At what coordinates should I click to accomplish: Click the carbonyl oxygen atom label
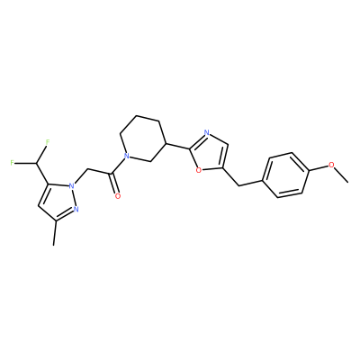(118, 196)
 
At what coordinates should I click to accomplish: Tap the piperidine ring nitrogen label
(127, 156)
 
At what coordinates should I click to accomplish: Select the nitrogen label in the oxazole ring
(206, 132)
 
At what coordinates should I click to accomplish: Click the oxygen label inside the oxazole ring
(198, 170)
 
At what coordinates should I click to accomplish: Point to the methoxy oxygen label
(331, 165)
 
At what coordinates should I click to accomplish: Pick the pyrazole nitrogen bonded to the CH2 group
(71, 186)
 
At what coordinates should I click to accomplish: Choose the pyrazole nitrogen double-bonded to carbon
(76, 209)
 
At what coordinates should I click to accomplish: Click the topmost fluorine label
(48, 140)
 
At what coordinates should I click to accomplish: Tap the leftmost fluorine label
(12, 163)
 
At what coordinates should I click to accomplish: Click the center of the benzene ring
(286, 175)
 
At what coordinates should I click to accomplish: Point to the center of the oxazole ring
(209, 153)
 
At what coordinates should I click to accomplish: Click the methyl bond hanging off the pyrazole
(55, 233)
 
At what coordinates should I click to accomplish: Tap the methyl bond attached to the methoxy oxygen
(342, 175)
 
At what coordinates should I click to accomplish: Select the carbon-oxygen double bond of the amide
(113, 184)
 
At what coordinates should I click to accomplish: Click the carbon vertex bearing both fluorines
(37, 164)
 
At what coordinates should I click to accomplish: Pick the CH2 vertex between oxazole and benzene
(239, 185)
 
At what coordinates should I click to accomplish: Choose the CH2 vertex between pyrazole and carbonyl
(87, 169)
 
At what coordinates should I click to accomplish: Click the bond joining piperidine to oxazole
(178, 146)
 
